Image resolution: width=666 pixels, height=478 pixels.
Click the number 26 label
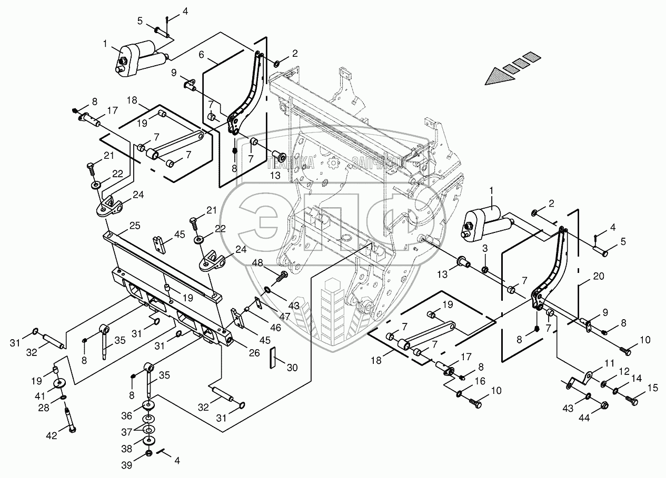[254, 352]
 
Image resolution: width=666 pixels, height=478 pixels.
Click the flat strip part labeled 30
[273, 358]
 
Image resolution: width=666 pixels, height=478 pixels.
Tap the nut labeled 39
[149, 453]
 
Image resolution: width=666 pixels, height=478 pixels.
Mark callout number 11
[609, 363]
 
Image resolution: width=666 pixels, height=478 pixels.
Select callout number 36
[127, 415]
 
